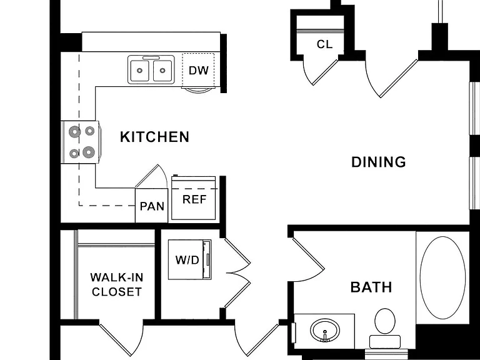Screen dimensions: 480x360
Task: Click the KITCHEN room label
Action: [154, 137]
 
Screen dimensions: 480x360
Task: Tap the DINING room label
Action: [379, 162]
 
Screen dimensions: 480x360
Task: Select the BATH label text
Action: [371, 287]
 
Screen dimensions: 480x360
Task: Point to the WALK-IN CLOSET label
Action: [117, 284]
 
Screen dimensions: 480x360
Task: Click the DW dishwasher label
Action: [199, 71]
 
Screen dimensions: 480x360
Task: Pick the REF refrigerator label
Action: [194, 199]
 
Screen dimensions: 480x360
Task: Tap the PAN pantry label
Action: [152, 206]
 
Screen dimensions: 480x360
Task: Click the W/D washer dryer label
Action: [187, 260]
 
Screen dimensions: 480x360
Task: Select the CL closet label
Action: [324, 44]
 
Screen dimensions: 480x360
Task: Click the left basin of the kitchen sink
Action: [139, 71]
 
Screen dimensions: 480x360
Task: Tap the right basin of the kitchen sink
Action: [162, 71]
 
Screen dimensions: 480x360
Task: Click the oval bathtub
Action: [442, 277]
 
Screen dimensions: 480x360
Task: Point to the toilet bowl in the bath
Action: [385, 321]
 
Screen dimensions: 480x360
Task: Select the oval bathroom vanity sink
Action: [325, 330]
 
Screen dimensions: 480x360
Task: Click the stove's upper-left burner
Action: [74, 132]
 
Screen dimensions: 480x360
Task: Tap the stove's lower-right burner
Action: [89, 152]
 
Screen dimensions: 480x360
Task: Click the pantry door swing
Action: [152, 177]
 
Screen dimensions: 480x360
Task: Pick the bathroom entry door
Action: [307, 254]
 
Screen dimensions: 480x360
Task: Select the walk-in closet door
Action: [121, 339]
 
